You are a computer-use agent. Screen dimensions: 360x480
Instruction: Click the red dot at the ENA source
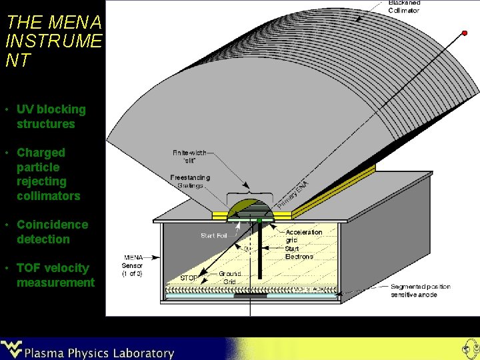pyautogui.click(x=464, y=33)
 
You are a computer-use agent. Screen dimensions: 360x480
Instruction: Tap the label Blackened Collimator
pyautogui.click(x=404, y=7)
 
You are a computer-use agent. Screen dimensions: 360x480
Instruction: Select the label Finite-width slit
pyautogui.click(x=189, y=156)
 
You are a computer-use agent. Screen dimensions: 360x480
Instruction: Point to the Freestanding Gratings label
pyautogui.click(x=190, y=181)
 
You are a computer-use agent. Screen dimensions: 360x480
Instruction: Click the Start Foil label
pyautogui.click(x=214, y=235)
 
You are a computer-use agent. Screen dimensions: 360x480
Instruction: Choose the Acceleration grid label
pyautogui.click(x=303, y=236)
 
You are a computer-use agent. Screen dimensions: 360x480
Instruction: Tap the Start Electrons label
pyautogui.click(x=299, y=253)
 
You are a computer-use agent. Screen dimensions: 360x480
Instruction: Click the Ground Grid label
pyautogui.click(x=229, y=277)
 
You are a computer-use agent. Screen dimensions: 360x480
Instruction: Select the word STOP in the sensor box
pyautogui.click(x=189, y=278)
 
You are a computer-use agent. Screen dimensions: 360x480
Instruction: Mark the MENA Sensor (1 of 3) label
pyautogui.click(x=132, y=265)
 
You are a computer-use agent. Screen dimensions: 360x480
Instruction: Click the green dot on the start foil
pyautogui.click(x=259, y=220)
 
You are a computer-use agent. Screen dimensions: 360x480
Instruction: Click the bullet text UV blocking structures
pyautogui.click(x=51, y=117)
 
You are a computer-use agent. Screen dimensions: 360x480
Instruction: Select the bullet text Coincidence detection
pyautogui.click(x=52, y=232)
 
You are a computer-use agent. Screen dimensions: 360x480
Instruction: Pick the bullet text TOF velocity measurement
pyautogui.click(x=55, y=275)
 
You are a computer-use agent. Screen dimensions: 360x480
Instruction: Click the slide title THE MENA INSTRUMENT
pyautogui.click(x=53, y=41)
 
